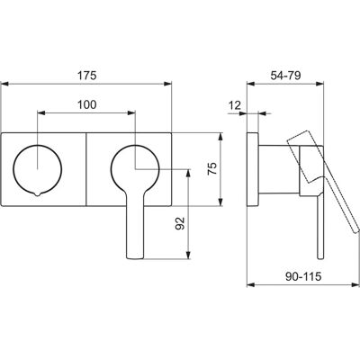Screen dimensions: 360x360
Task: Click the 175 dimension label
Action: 87,76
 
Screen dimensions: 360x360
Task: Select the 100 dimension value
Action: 87,104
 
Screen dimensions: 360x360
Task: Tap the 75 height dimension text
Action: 212,168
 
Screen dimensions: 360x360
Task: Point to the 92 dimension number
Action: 180,223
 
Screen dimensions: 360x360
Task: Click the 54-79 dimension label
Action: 285,76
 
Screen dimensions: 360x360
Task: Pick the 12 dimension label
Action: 235,105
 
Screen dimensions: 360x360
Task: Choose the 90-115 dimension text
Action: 303,276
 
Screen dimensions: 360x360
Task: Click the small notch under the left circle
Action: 38,193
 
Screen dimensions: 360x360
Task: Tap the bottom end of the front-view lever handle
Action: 135,257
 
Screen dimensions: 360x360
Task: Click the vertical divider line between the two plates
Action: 86,169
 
